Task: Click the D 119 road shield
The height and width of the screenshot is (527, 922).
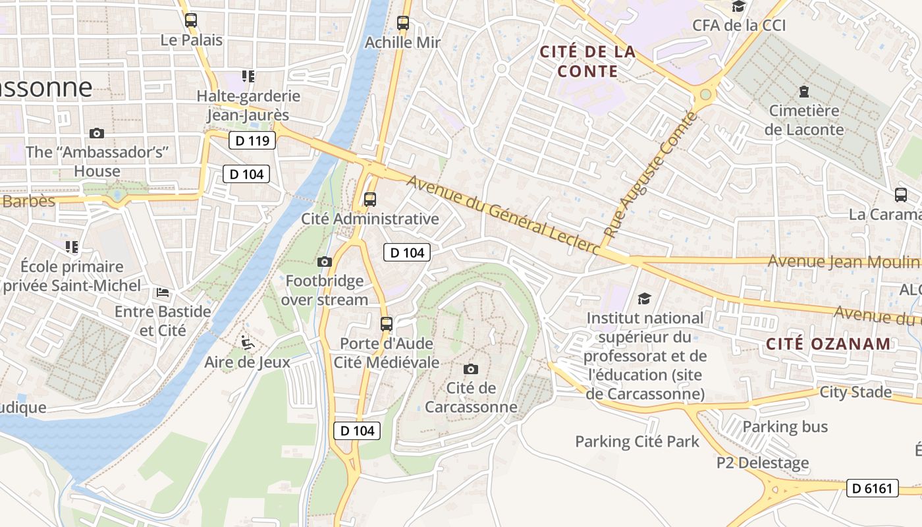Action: [x=252, y=140]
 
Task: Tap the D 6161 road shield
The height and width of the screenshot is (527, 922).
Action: [x=872, y=488]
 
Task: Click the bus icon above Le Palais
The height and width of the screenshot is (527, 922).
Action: [x=191, y=20]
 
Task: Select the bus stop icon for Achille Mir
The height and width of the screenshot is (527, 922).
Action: [x=403, y=23]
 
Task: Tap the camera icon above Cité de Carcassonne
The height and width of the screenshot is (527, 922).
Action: [x=471, y=369]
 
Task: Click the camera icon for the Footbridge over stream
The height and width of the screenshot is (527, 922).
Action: [x=324, y=262]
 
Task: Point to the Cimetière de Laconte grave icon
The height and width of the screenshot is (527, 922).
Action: [x=803, y=91]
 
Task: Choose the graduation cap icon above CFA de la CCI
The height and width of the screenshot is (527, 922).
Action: [x=739, y=7]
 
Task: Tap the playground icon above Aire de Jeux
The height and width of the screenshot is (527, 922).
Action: [x=247, y=343]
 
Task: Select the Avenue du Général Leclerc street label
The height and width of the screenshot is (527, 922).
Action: [x=503, y=215]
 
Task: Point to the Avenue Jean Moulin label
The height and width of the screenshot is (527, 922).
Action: [x=842, y=262]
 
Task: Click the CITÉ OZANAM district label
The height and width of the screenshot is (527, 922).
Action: [x=828, y=343]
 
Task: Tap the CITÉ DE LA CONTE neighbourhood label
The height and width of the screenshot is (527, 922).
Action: [x=587, y=61]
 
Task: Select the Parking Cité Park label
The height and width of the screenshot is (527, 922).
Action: [x=637, y=441]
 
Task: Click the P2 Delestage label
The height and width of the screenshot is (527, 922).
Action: [x=763, y=463]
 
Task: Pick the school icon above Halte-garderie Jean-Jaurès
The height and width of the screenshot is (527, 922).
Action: [x=248, y=76]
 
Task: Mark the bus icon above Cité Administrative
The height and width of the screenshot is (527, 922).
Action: [x=370, y=200]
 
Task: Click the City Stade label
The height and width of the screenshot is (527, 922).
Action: [x=855, y=392]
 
